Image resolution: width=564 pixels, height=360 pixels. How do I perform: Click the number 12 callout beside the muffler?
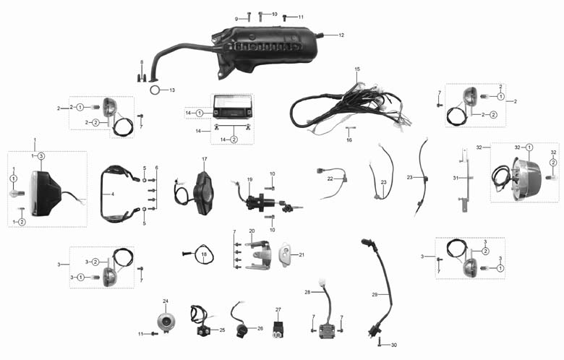click(x=341, y=35)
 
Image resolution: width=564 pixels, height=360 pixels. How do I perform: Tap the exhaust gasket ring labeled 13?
click(x=155, y=90)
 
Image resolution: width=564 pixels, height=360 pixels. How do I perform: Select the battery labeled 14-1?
click(x=231, y=107)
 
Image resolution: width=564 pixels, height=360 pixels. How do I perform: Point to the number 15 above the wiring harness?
click(x=356, y=69)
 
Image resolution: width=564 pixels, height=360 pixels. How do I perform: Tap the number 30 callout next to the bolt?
click(x=394, y=346)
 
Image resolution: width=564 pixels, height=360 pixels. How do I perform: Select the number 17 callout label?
click(x=205, y=159)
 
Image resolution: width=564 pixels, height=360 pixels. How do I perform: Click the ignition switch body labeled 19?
click(x=260, y=203)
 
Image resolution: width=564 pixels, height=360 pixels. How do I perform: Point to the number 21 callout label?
click(x=302, y=255)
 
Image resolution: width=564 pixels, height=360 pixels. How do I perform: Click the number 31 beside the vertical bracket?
click(x=456, y=178)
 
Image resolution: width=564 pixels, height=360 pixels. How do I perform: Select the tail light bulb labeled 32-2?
click(x=549, y=177)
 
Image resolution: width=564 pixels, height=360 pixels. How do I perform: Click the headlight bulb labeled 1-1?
click(x=17, y=194)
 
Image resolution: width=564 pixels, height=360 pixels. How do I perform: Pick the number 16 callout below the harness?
click(x=349, y=140)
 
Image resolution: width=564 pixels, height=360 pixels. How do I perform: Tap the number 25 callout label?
click(x=222, y=330)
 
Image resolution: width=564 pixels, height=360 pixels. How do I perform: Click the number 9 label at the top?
click(x=236, y=19)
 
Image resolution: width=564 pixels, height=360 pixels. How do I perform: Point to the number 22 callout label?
click(x=330, y=179)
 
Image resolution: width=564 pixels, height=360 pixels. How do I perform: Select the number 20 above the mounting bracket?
click(x=252, y=231)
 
